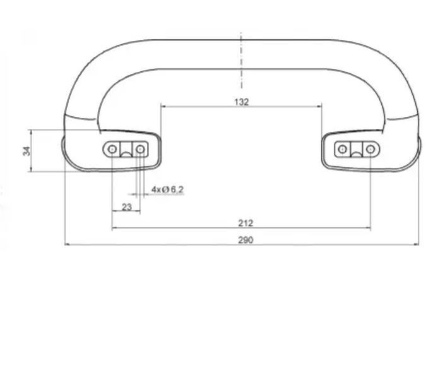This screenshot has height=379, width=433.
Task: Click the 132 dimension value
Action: point(242,102)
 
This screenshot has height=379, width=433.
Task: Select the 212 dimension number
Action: point(246,223)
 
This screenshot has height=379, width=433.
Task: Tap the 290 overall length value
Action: point(246,240)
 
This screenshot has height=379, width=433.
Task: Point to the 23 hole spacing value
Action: point(127,207)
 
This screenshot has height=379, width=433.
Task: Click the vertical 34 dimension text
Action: point(27,151)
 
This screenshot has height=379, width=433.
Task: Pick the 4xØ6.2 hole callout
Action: point(167,189)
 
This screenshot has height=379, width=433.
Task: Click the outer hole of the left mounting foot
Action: point(112,149)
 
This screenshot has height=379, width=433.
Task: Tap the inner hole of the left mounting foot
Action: point(140,149)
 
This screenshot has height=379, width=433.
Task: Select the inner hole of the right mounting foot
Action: point(342,149)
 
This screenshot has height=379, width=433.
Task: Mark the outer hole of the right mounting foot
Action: point(371,149)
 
